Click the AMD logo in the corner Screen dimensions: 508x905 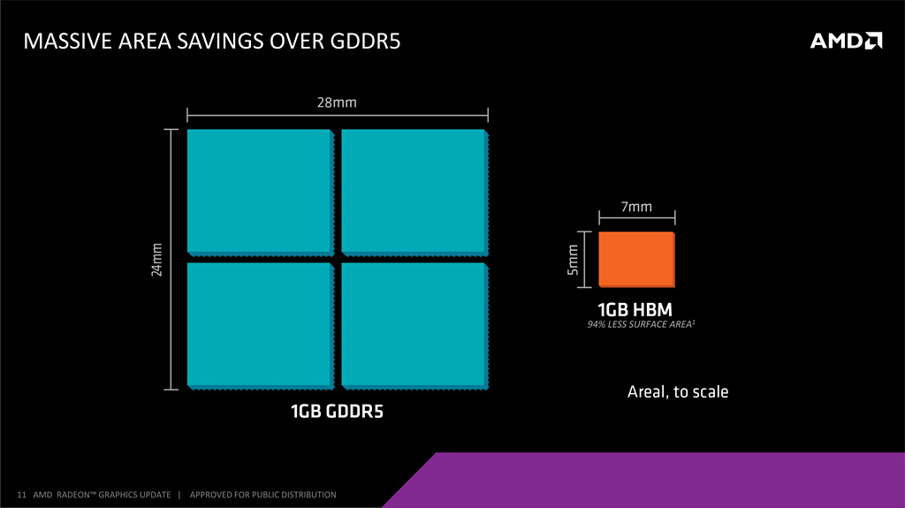846,40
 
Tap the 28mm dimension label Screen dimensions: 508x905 337,102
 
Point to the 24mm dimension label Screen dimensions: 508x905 157,259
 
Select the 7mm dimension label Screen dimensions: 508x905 636,208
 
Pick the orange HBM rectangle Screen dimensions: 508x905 636,260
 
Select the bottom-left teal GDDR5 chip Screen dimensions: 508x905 259,324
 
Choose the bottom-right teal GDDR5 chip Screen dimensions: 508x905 413,324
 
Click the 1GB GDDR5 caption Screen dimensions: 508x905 338,412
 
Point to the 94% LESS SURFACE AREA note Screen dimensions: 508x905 635,325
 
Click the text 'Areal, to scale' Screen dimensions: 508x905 678,391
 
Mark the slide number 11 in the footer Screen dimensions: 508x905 21,495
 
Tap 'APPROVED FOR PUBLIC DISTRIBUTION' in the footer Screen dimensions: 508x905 263,495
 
